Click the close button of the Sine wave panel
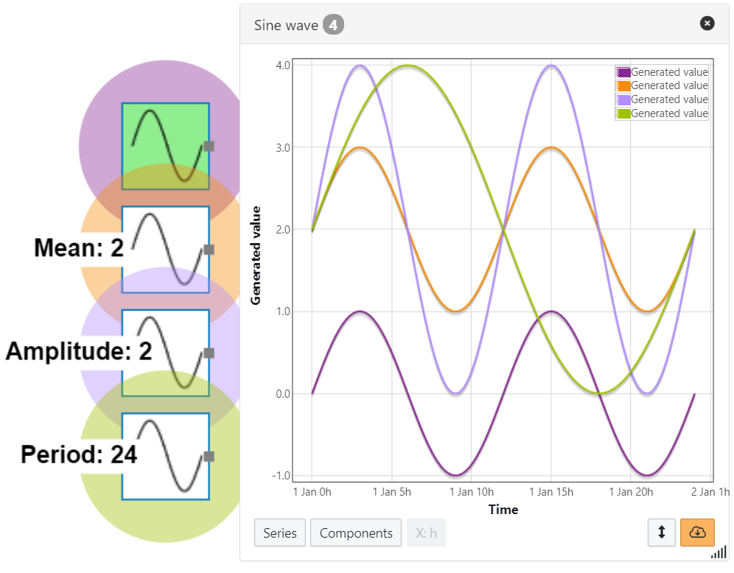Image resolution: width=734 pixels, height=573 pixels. [x=707, y=24]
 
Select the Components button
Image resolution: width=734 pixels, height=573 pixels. [x=356, y=533]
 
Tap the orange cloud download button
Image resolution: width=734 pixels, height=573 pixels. [x=697, y=532]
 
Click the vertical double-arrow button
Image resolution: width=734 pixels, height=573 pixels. [x=661, y=532]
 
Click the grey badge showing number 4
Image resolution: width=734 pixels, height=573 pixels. [x=333, y=25]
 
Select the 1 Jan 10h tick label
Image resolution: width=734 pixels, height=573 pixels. [x=471, y=492]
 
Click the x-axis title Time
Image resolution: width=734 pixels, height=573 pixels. [x=503, y=510]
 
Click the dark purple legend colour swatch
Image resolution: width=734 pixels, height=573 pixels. [x=623, y=72]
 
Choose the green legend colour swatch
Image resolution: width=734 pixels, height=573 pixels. [x=623, y=113]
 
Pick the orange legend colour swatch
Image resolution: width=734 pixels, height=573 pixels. [x=623, y=85]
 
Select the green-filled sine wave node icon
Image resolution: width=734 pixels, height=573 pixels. [x=165, y=146]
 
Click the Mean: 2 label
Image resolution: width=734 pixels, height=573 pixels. [x=79, y=248]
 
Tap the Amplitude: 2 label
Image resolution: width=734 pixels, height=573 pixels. [x=79, y=351]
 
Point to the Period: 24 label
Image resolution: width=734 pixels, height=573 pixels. [x=79, y=454]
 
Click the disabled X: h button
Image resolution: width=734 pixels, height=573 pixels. [x=426, y=533]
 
